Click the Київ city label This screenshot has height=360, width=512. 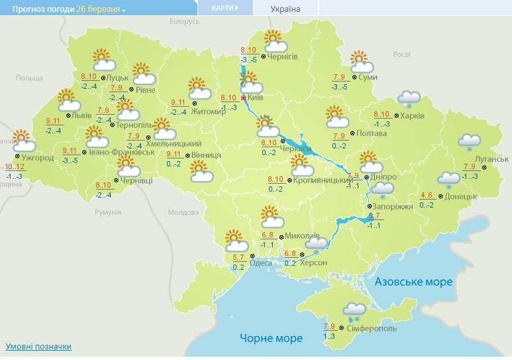tap(256, 97)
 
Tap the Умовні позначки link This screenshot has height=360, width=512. tap(38, 347)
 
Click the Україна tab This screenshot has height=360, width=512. tap(285, 9)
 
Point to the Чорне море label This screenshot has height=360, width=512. tap(271, 338)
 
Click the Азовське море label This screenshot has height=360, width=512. tap(414, 282)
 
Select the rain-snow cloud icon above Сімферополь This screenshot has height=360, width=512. tap(354, 310)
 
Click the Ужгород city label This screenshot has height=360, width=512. tap(38, 158)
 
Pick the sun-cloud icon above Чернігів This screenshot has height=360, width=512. tap(272, 40)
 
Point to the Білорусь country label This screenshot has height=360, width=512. tap(184, 22)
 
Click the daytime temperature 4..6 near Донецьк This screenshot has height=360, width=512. tap(427, 195)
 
